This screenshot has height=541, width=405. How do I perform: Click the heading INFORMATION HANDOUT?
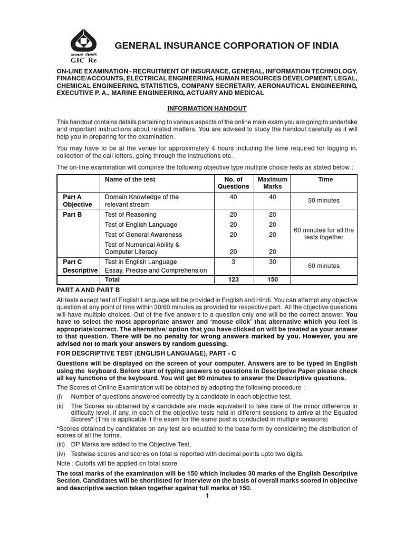(x=207, y=108)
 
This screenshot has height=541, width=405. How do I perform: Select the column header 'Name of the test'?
(x=130, y=180)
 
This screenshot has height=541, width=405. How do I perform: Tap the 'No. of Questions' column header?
(x=233, y=183)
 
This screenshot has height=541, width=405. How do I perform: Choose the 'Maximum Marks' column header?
(x=273, y=183)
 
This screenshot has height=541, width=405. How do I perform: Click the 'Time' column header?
(x=325, y=180)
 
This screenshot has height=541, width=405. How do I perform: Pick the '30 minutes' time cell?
(x=324, y=201)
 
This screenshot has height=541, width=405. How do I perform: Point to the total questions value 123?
(x=233, y=279)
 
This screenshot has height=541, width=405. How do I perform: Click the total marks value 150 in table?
(x=273, y=279)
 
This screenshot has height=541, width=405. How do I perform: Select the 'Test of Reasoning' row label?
(x=131, y=214)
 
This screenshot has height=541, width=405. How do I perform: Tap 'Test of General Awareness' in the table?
(x=143, y=235)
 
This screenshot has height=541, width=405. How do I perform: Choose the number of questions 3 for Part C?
(x=233, y=262)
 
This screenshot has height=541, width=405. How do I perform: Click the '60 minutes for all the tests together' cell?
(x=324, y=234)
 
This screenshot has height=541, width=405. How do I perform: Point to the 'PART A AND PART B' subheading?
(x=88, y=290)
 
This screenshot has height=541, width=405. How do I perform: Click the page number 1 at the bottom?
(x=207, y=496)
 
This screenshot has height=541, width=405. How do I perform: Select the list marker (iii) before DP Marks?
(x=61, y=445)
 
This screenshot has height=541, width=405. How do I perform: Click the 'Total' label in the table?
(x=112, y=279)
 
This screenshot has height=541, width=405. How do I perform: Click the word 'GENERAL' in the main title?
(x=139, y=46)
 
